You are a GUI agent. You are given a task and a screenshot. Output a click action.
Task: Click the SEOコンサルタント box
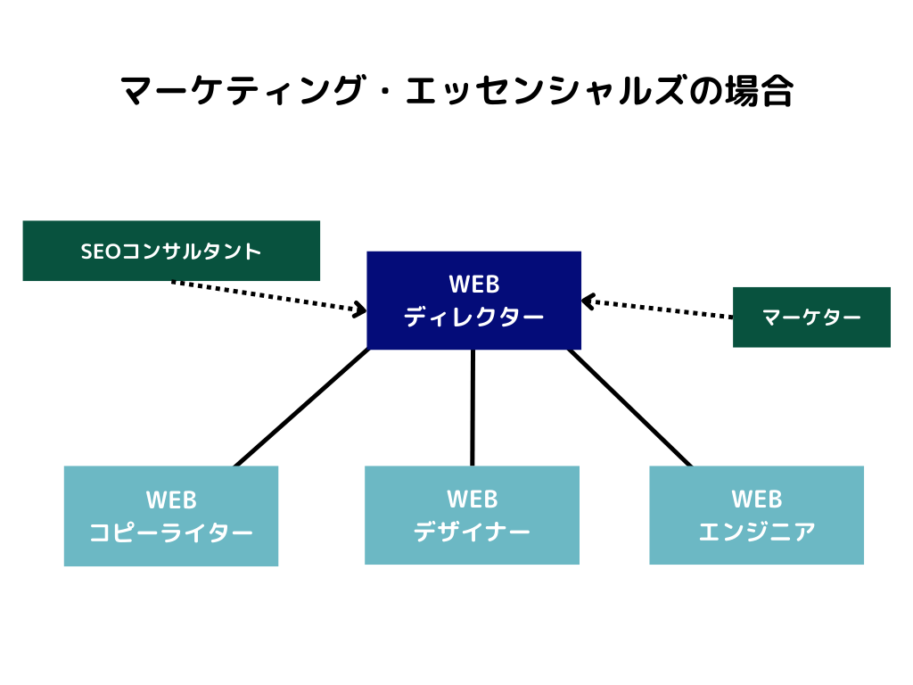pos(171,251)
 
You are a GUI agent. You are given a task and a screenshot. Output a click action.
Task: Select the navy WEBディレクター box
pos(474,300)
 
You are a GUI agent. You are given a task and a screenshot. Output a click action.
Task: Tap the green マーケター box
pos(811,317)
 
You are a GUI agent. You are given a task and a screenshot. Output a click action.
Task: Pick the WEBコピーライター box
pos(171,516)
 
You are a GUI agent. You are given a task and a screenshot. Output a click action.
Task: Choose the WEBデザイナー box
pos(473,515)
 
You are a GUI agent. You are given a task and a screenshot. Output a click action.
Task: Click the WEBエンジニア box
pos(756,515)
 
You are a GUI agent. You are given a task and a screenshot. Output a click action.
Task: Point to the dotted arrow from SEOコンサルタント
pos(269,296)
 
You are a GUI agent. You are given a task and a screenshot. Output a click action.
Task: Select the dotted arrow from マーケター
pos(657,308)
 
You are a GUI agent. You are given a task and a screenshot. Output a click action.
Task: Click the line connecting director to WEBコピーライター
pos(301,408)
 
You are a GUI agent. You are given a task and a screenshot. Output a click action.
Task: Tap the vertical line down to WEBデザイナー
pos(473,408)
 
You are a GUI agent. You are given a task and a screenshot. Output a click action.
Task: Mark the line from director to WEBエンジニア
pos(630,408)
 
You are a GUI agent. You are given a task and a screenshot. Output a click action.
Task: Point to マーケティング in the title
pos(241,90)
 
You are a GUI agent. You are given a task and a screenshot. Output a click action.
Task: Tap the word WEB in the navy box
pos(474,285)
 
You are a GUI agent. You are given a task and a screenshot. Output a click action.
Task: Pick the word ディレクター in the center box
pos(474,317)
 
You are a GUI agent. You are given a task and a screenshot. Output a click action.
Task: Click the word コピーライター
pos(171,532)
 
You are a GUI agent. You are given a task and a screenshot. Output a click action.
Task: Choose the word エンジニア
pos(756,532)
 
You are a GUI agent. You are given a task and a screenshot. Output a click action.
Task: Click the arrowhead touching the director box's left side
pos(360,309)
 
